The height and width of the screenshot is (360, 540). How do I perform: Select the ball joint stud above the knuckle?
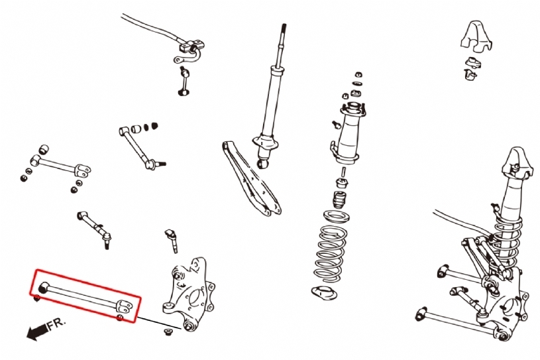pos(172,239)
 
